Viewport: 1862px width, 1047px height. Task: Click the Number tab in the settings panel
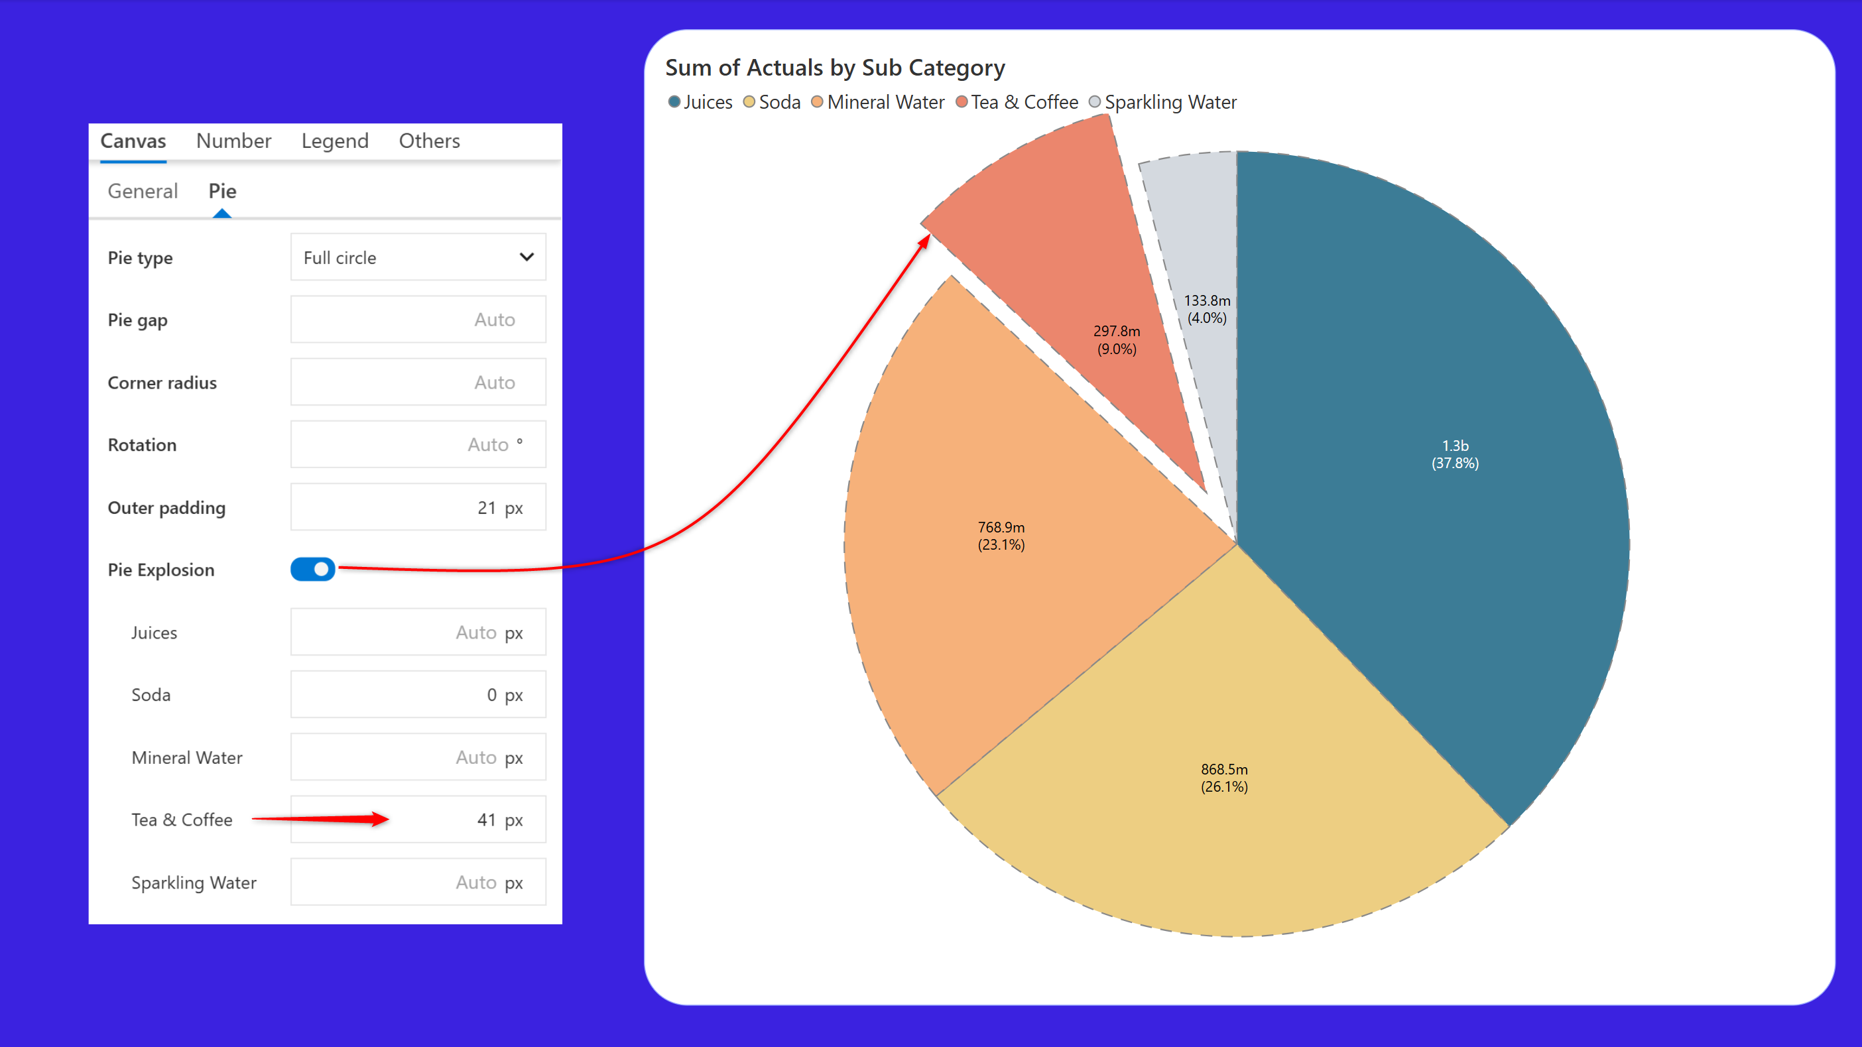coord(233,141)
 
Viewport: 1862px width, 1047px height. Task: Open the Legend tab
coord(335,141)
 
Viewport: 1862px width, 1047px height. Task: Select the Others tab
coord(429,141)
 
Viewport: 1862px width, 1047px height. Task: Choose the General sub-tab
coord(143,191)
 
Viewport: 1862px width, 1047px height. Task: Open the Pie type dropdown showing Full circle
coord(418,257)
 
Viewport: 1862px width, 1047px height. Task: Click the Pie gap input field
coord(418,320)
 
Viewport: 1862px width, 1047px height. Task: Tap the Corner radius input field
coord(418,382)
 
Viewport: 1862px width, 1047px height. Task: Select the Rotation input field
coord(418,444)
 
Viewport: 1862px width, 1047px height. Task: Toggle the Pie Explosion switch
coord(313,570)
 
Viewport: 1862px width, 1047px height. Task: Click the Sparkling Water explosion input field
coord(418,883)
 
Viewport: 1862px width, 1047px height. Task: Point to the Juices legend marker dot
coord(674,102)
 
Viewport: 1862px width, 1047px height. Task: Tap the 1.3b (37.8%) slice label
coord(1455,454)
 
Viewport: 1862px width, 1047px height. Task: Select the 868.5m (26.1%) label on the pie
coord(1223,778)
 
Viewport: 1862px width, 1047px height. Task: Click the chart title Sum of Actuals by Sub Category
coord(835,67)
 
